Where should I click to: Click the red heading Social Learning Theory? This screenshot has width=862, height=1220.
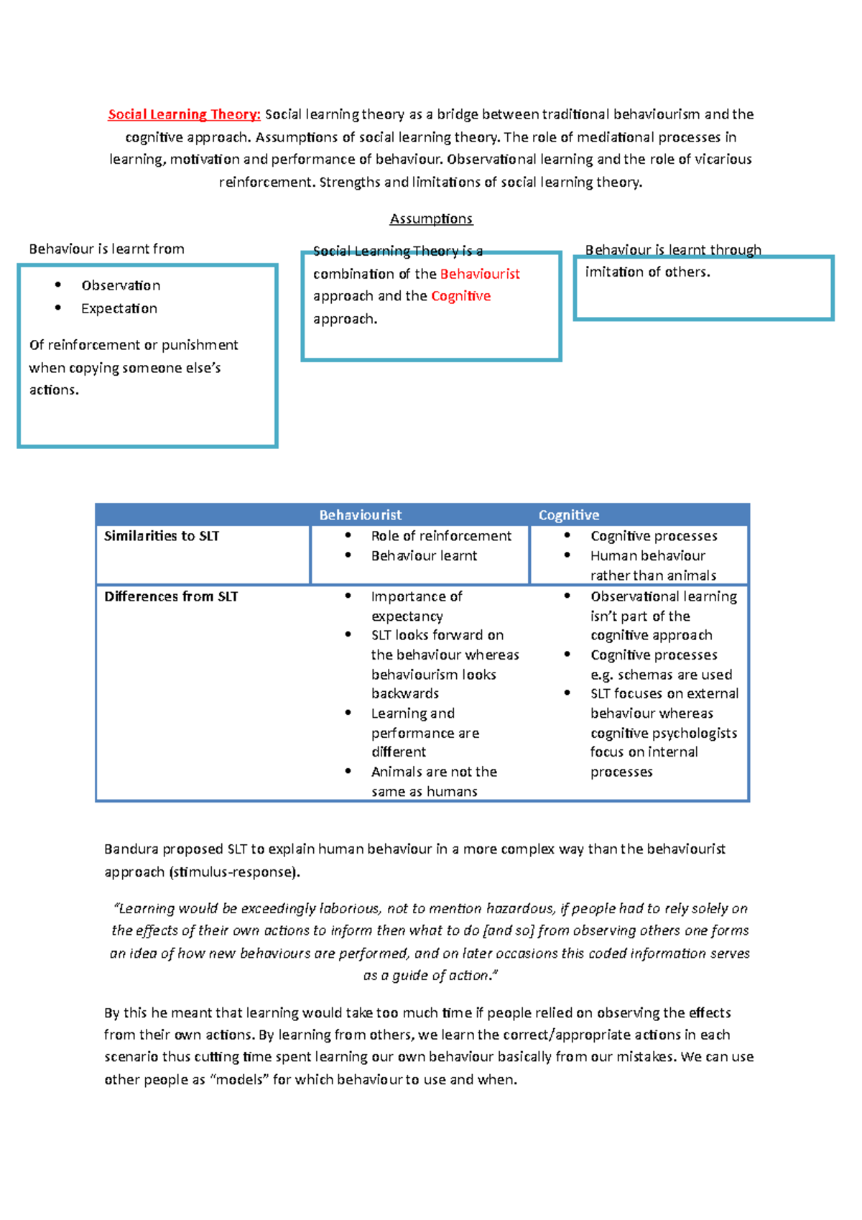coord(184,114)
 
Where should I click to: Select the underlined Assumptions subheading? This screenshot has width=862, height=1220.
coord(431,218)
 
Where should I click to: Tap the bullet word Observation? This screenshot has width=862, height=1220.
coord(121,285)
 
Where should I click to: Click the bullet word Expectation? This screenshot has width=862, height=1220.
coord(119,308)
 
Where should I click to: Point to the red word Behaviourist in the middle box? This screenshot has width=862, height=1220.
coord(480,274)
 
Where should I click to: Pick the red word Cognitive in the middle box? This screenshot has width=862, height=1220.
coord(460,296)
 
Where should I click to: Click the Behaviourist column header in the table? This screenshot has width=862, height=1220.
coord(360,515)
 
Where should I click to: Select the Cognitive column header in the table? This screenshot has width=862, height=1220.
coord(568,515)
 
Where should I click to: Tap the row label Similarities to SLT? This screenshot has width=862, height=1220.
coord(162,536)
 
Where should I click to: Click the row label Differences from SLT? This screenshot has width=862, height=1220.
coord(171,596)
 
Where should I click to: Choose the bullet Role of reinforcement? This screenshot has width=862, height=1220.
coord(441,536)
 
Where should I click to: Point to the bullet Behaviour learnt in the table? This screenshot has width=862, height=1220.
coord(424,555)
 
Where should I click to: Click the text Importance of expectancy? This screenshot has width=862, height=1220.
coord(417,606)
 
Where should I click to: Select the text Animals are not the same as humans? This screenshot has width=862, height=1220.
coord(434,781)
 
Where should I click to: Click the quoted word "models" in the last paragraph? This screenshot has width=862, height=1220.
coord(238,1080)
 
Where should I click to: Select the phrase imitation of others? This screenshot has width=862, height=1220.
coord(646,272)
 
